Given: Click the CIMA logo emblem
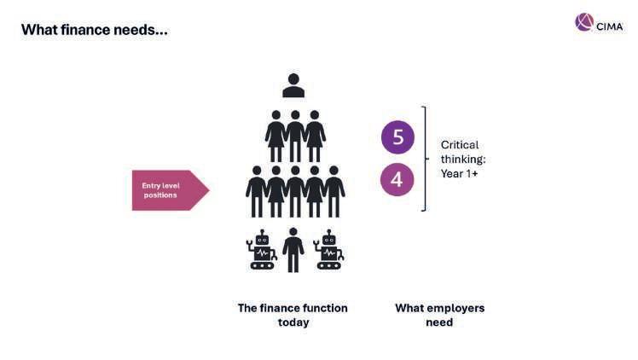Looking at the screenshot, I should (x=584, y=22).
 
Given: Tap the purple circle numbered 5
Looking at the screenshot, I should (x=397, y=137).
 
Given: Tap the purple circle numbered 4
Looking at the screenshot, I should (x=397, y=179).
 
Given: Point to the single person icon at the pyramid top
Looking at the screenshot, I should (x=293, y=85).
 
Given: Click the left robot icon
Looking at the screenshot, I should (x=261, y=250).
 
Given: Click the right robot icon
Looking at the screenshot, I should (x=328, y=250).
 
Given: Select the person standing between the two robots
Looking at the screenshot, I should (x=293, y=249).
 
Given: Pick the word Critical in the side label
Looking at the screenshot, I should (x=460, y=145).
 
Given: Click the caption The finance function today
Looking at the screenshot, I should (x=293, y=315).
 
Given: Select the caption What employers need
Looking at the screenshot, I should (x=439, y=315).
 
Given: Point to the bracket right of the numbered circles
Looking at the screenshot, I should (x=423, y=159).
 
